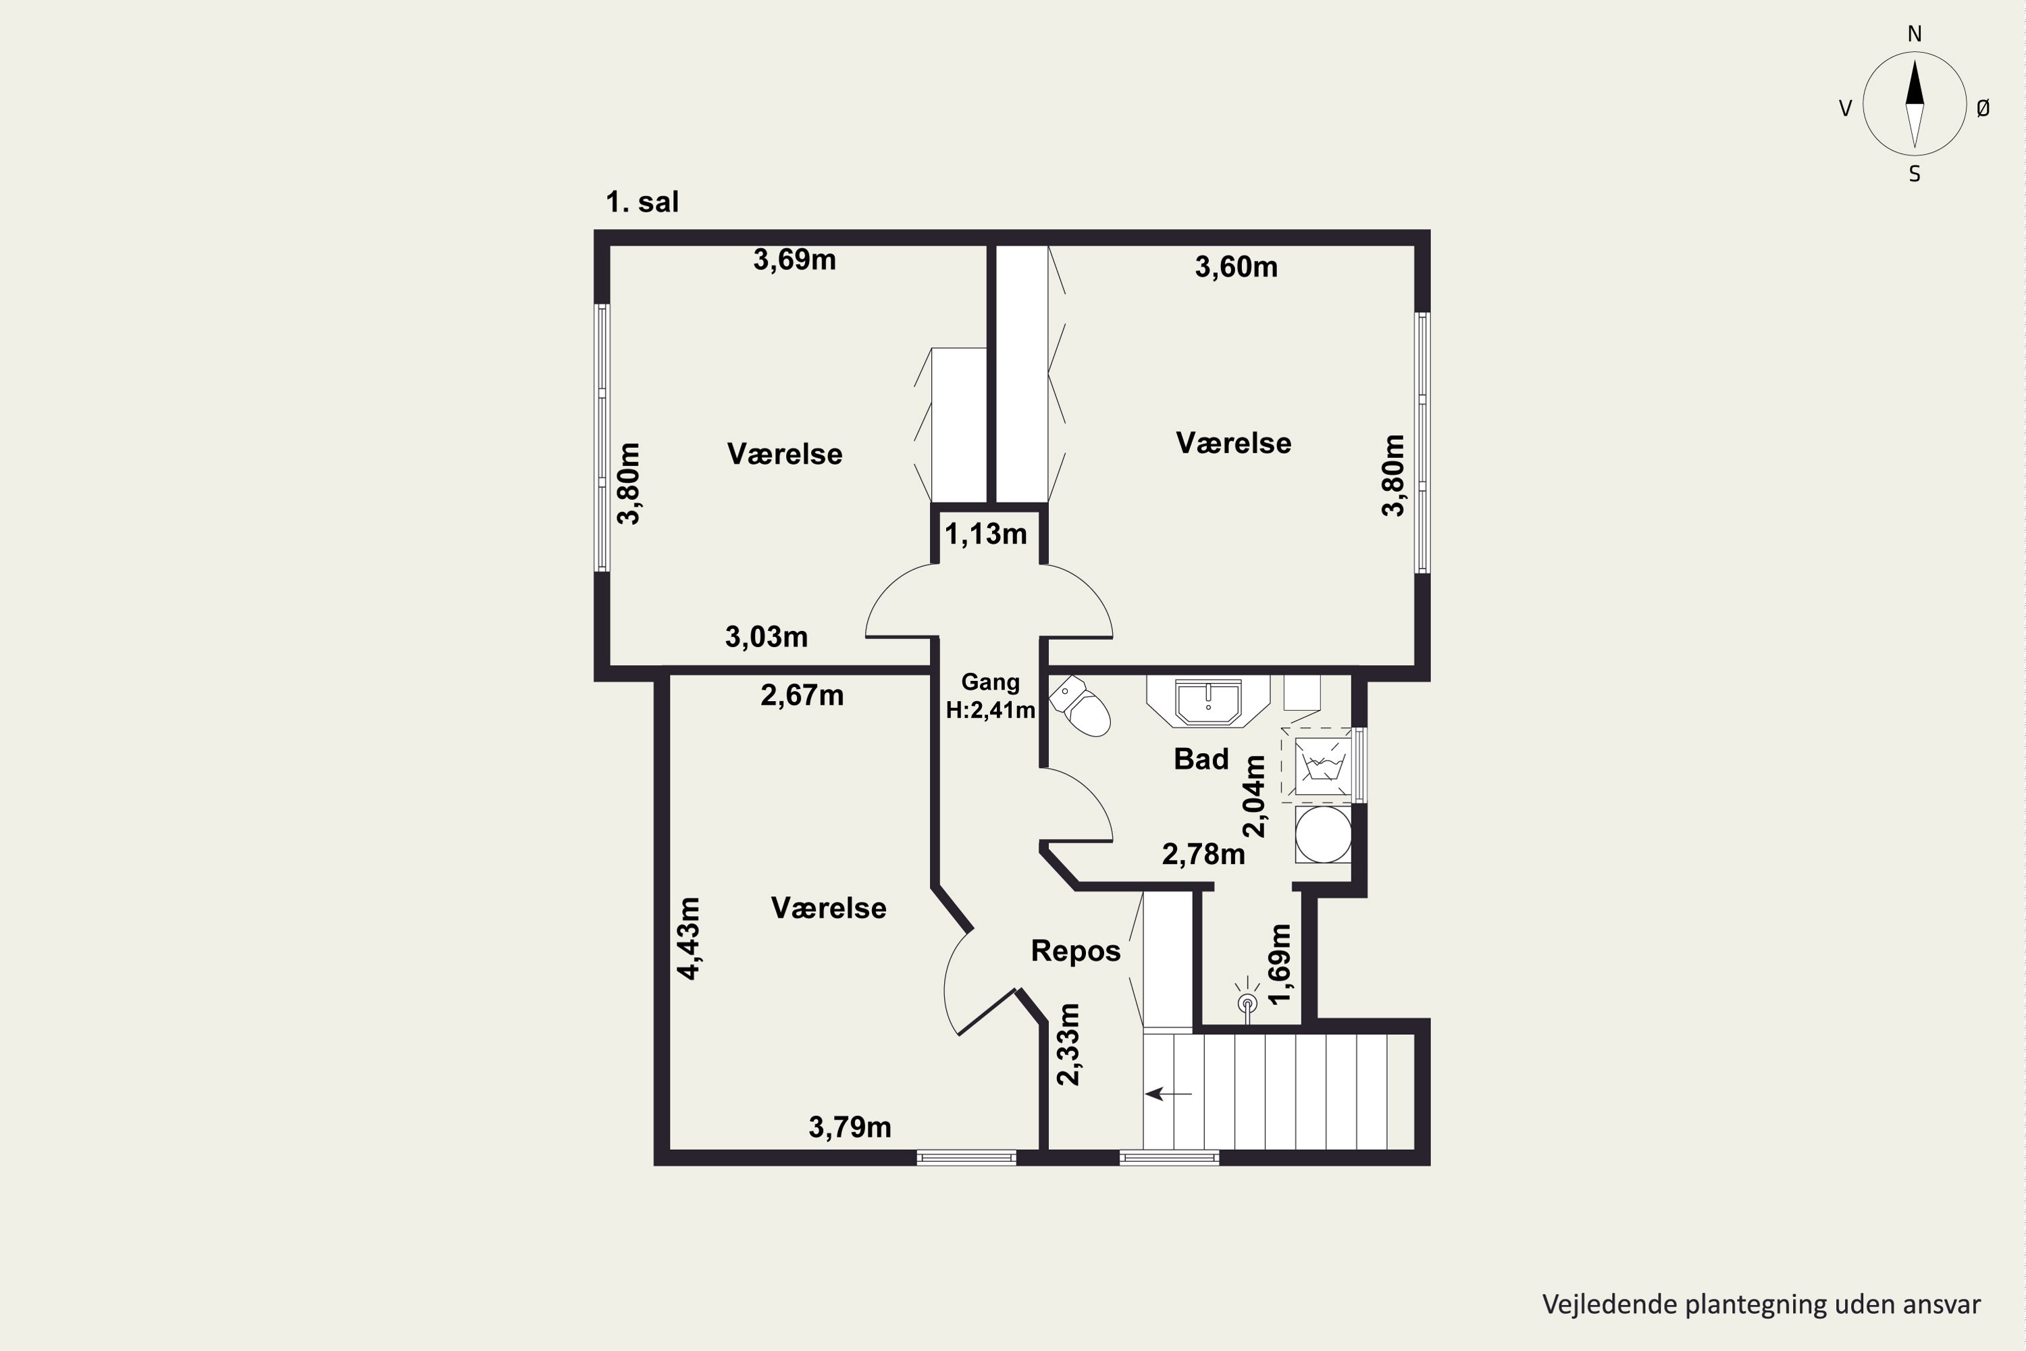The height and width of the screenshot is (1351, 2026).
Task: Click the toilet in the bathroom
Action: tap(1079, 706)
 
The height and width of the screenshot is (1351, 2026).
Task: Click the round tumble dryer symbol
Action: tap(1323, 834)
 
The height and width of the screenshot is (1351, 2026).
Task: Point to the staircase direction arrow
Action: tap(1168, 1094)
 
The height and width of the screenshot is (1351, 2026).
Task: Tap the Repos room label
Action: tap(1076, 951)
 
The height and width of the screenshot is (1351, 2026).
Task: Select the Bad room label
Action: tap(1201, 759)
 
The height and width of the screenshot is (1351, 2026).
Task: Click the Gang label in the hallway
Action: tap(990, 682)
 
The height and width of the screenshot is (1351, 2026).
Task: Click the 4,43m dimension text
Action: tap(688, 938)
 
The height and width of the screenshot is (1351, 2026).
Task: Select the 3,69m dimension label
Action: tap(794, 259)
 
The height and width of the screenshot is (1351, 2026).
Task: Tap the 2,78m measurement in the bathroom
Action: tap(1203, 855)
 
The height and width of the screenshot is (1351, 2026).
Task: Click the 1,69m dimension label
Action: tap(1280, 963)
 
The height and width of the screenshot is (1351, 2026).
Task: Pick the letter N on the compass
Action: tap(1914, 34)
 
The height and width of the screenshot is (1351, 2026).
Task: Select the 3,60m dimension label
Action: tap(1235, 267)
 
